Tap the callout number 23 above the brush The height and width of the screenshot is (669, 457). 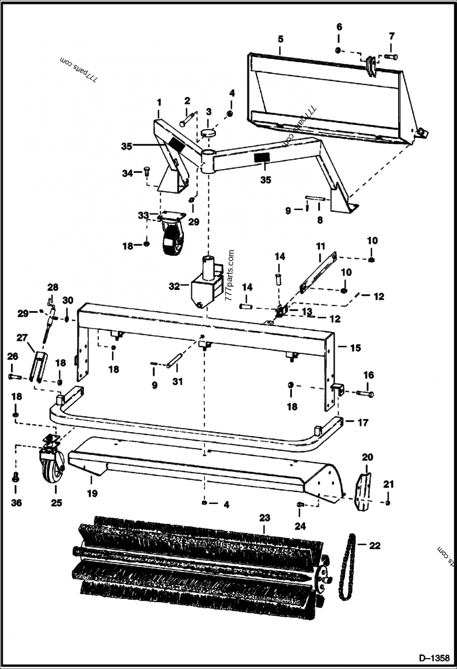(264, 518)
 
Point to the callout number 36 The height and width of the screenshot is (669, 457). (15, 503)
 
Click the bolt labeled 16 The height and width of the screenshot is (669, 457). (365, 393)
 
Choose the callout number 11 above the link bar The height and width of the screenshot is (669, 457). (320, 246)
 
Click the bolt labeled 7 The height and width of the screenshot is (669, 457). (390, 57)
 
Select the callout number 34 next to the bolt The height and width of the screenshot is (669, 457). (127, 173)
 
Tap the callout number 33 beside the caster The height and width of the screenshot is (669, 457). (143, 215)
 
